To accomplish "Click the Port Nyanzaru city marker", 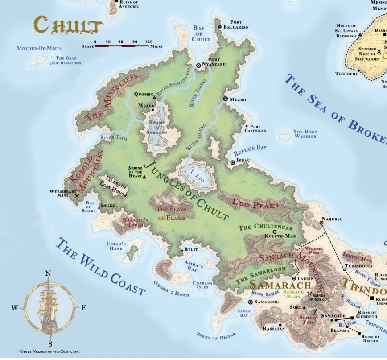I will click(199, 66).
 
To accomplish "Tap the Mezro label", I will click(238, 99).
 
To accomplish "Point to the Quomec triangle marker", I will click(154, 97).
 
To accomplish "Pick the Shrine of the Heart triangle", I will click(144, 177).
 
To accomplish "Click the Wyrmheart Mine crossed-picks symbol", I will click(77, 195).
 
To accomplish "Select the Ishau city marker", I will click(232, 163).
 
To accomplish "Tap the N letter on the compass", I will click(49, 274).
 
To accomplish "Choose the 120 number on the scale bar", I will click(148, 41).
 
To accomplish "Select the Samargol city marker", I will click(251, 302).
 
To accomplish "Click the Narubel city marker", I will click(321, 223).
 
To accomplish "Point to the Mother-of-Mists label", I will click(39, 48).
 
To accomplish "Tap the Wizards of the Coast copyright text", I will click(50, 352).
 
